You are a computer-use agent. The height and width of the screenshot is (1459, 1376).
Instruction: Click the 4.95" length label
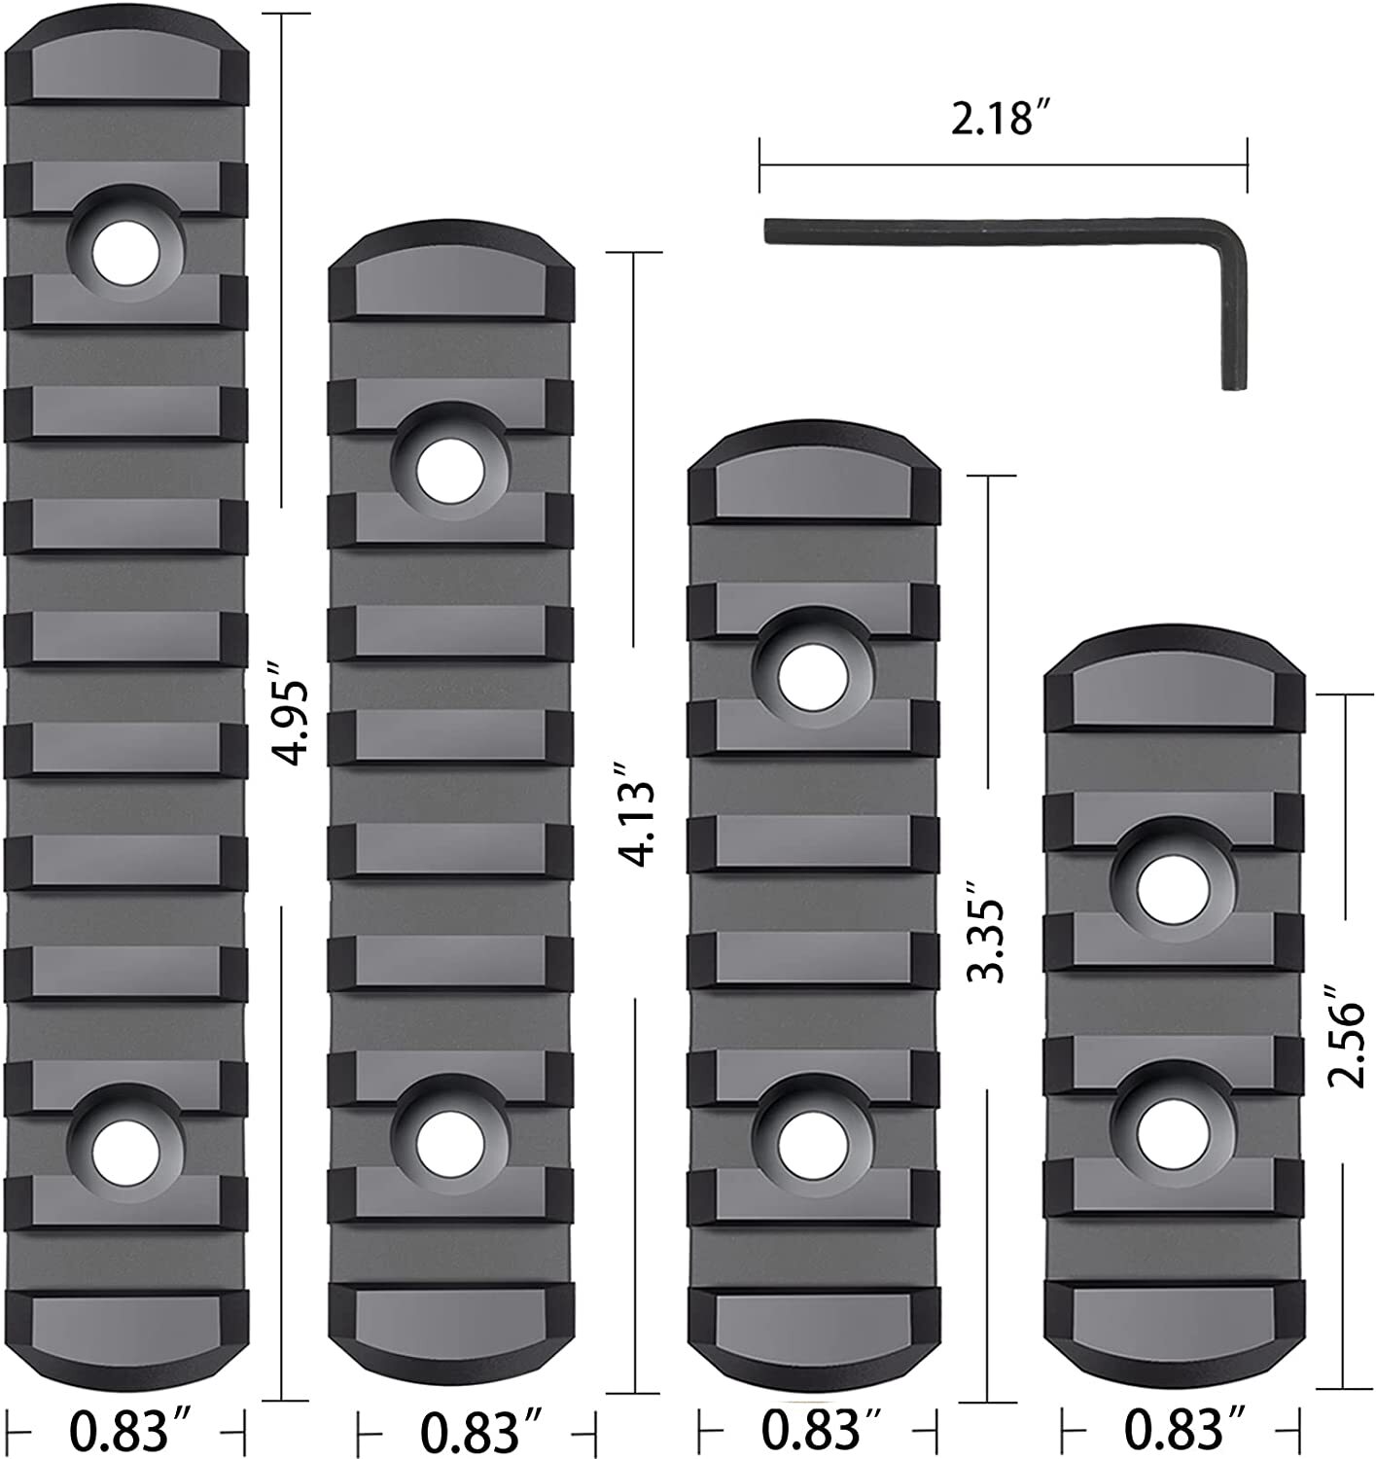(290, 707)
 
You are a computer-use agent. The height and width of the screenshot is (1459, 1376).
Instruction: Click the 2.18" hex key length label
(1003, 122)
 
